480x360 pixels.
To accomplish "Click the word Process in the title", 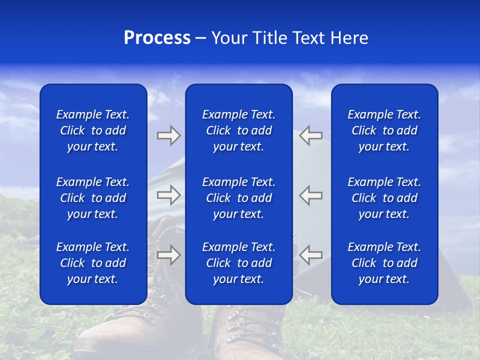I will [x=157, y=38].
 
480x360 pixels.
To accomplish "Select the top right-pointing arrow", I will [x=168, y=135].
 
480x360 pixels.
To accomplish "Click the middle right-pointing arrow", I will [x=168, y=195].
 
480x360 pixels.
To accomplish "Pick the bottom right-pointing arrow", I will [x=168, y=255].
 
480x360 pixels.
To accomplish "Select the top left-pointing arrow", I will [x=311, y=135].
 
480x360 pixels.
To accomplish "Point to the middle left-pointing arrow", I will [x=311, y=195].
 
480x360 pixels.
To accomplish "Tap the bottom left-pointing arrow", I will [x=311, y=255].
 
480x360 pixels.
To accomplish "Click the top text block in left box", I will [x=93, y=130].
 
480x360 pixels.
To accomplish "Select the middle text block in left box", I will [x=93, y=198].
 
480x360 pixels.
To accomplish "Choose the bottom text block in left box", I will [x=93, y=263].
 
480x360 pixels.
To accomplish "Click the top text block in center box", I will [x=238, y=130].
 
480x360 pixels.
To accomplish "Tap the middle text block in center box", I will [x=238, y=198].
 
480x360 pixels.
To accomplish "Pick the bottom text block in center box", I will [x=238, y=263].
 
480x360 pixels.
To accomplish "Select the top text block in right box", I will [x=384, y=130].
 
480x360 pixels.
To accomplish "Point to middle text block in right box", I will [x=384, y=198].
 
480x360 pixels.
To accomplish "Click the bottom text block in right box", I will [x=384, y=263].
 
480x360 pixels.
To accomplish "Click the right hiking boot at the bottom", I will [x=250, y=330].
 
